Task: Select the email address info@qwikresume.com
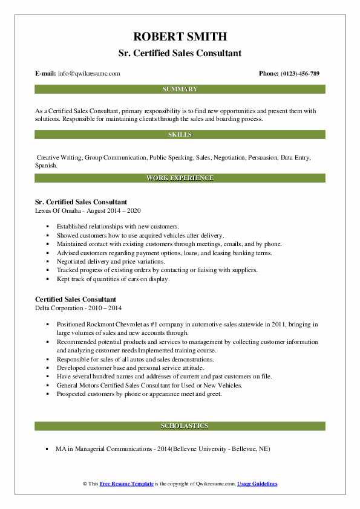pos(89,73)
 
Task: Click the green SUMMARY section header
pos(180,89)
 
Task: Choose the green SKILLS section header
pos(180,134)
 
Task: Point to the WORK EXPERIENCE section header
pos(180,178)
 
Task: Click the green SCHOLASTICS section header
pos(180,426)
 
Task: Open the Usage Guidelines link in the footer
pos(257,484)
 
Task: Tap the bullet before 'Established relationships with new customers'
pos(47,227)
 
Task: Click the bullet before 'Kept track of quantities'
pos(47,279)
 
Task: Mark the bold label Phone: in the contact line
pos(269,73)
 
